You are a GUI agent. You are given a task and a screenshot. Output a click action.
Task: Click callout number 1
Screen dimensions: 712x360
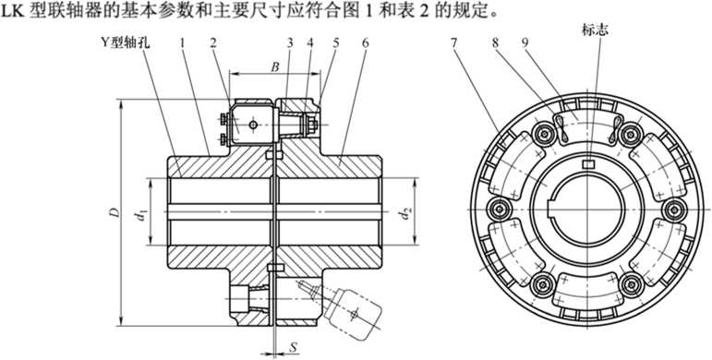tap(182, 43)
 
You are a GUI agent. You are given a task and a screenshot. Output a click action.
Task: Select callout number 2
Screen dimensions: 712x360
tap(213, 43)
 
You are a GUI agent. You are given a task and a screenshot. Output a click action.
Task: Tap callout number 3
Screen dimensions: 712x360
tap(289, 43)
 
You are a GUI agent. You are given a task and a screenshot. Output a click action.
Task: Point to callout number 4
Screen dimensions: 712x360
tap(310, 43)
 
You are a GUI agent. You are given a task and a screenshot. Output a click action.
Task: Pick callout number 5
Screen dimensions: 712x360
tap(336, 43)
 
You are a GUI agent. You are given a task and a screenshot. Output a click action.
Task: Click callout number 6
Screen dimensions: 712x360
tap(365, 43)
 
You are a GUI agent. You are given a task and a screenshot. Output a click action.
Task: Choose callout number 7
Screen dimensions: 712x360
tap(453, 43)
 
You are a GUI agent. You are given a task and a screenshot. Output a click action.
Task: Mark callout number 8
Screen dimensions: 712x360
tap(495, 43)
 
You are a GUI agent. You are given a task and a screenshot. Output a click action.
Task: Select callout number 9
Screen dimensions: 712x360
tap(525, 43)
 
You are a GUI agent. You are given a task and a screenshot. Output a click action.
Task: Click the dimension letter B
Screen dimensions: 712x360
tap(274, 66)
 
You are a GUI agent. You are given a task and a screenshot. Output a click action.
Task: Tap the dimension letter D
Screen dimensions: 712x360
tap(115, 212)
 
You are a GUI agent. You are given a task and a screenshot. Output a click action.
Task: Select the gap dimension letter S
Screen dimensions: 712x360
tap(294, 348)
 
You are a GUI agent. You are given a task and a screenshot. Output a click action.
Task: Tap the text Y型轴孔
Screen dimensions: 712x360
tap(126, 43)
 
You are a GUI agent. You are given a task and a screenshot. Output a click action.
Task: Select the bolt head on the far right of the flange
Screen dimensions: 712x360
tap(673, 210)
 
